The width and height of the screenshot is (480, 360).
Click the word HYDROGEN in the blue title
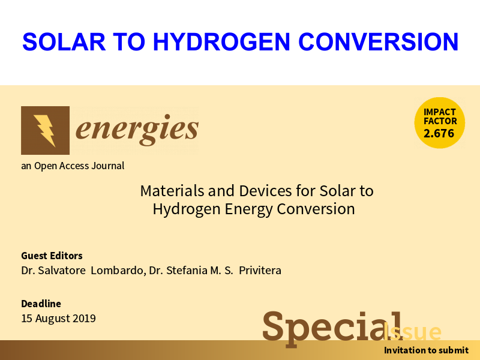pyautogui.click(x=221, y=41)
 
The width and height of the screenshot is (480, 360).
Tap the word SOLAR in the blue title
pyautogui.click(x=64, y=41)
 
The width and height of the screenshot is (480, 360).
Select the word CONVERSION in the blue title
pyautogui.click(x=378, y=41)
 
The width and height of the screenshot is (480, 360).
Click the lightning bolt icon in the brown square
pyautogui.click(x=45, y=130)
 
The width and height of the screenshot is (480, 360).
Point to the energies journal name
pyautogui.click(x=137, y=130)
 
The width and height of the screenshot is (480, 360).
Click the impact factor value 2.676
pyautogui.click(x=439, y=133)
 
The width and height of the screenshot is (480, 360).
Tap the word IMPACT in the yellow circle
pyautogui.click(x=440, y=112)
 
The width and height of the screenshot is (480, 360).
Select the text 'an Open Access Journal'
pyautogui.click(x=73, y=166)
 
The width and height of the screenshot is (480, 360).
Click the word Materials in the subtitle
pyautogui.click(x=172, y=191)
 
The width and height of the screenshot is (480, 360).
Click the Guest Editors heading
pyautogui.click(x=52, y=256)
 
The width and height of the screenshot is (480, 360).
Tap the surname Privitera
pyautogui.click(x=260, y=271)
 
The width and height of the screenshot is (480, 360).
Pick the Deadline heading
pyautogui.click(x=41, y=304)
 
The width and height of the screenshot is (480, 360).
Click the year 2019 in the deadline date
pyautogui.click(x=84, y=319)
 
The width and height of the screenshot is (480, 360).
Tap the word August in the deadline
pyautogui.click(x=53, y=319)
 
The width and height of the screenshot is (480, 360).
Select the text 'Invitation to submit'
pyautogui.click(x=426, y=350)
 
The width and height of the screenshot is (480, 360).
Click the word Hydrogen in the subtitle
pyautogui.click(x=187, y=209)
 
